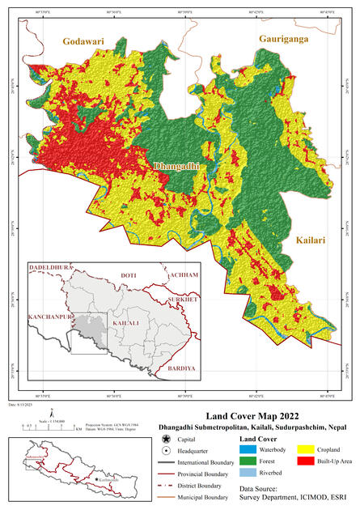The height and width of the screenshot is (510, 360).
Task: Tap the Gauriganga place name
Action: click(x=284, y=38)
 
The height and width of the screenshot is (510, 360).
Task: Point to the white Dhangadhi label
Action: click(x=176, y=167)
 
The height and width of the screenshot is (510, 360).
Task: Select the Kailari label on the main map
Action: click(x=310, y=240)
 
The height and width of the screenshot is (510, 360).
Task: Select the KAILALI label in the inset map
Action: click(x=126, y=322)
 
